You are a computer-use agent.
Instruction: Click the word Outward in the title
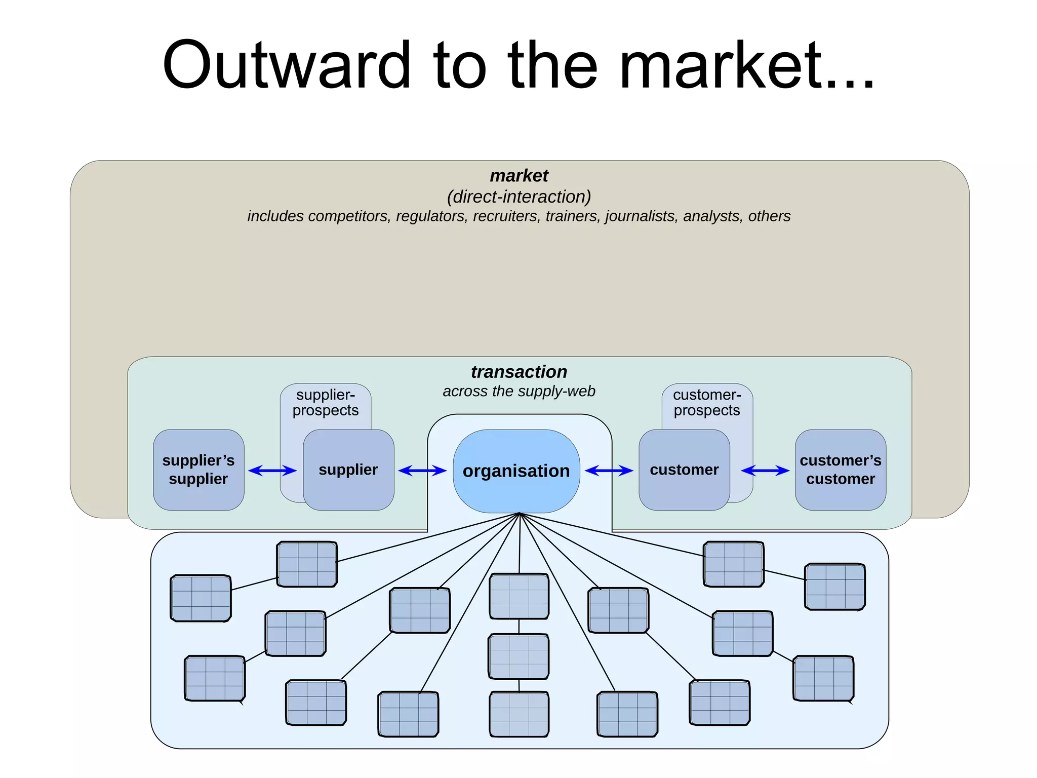point(286,66)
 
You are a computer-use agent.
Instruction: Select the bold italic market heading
point(518,176)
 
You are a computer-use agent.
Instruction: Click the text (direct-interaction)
point(518,197)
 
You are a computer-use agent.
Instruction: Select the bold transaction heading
point(518,372)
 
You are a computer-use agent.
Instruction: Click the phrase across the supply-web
point(518,391)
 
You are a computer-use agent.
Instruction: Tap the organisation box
point(516,471)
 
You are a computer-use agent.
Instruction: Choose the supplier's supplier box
point(198,470)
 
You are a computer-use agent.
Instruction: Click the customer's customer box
point(840,470)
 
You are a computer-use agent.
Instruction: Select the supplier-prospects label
point(326,403)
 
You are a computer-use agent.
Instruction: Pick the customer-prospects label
point(707,403)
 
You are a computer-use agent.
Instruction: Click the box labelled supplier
point(348,470)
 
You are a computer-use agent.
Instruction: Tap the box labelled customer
point(684,470)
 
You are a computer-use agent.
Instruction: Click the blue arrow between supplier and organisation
point(422,471)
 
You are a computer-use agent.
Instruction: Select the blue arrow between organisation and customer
point(609,471)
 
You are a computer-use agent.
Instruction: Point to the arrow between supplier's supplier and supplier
point(272,471)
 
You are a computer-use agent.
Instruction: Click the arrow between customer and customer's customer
point(765,471)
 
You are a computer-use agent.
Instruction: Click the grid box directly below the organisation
point(519,596)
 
